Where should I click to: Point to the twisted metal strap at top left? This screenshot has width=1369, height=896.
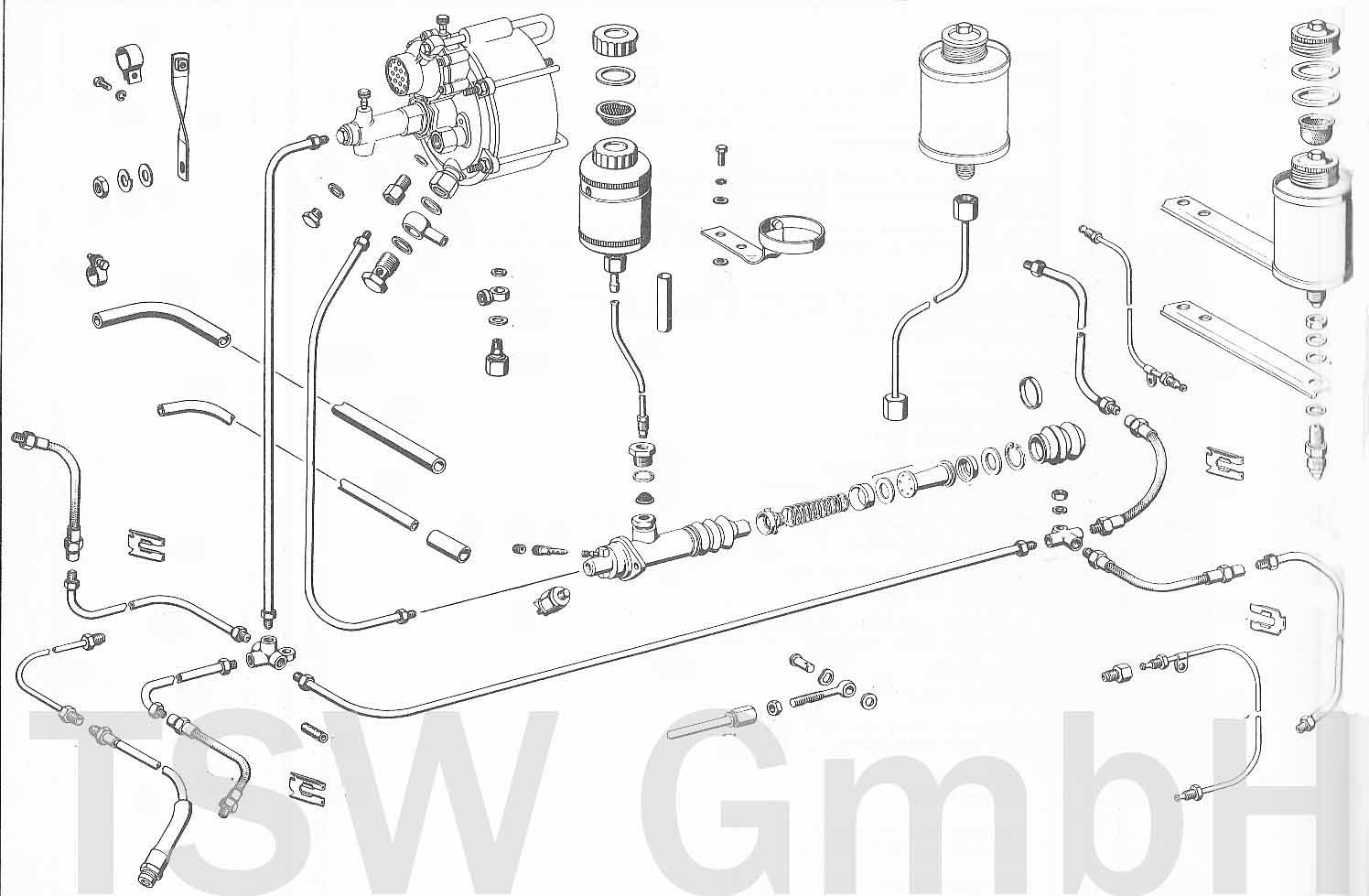pyautogui.click(x=180, y=116)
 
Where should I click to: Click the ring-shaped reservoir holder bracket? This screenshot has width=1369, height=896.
pyautogui.click(x=789, y=238)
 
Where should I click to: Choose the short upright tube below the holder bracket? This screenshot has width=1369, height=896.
pyautogui.click(x=664, y=303)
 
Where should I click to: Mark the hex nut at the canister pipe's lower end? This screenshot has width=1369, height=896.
pyautogui.click(x=894, y=406)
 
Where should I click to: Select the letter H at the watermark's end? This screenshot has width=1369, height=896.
pyautogui.click(x=1253, y=802)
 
